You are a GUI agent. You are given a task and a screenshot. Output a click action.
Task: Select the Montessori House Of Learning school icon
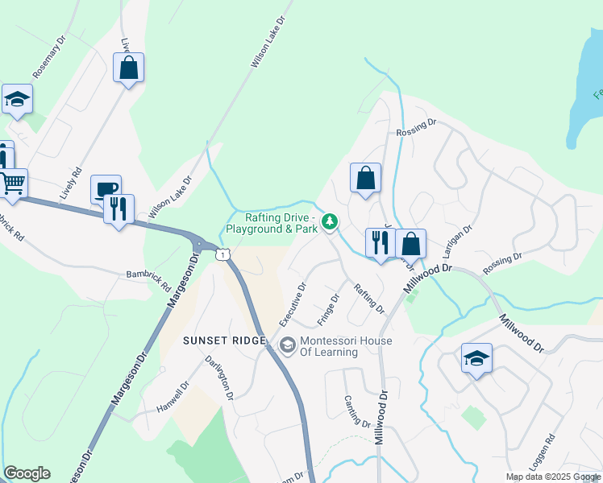pos(287,345)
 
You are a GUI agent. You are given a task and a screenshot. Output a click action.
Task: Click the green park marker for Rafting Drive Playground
pos(329,221)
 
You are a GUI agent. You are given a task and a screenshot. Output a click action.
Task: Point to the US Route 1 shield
pos(222,254)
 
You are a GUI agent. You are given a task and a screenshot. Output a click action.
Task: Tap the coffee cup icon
pos(106,189)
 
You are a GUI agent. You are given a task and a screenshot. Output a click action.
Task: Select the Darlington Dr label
pos(218,378)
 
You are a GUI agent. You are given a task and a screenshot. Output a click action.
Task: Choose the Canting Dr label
pos(356,411)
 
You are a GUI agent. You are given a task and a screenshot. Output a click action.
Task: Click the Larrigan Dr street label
pos(456,240)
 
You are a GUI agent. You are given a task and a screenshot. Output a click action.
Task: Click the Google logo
pos(27,473)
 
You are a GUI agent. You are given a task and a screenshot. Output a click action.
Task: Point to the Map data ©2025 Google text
pos(552,477)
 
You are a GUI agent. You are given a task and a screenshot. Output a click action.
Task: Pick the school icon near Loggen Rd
pos(476,357)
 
